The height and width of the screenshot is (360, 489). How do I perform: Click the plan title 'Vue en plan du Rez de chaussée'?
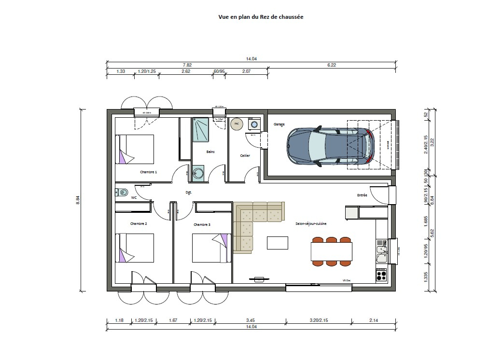261,16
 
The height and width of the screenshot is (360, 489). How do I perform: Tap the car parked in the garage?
330,146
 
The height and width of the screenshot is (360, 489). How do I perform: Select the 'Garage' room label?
279,125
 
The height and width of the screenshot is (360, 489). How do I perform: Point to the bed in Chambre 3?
210,248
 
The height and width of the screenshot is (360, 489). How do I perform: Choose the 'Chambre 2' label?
139,224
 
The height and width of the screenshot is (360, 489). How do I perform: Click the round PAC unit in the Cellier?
237,124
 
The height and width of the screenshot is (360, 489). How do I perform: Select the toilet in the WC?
122,193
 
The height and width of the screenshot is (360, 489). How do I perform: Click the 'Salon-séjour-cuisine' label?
311,224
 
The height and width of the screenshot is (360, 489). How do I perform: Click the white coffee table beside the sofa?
278,243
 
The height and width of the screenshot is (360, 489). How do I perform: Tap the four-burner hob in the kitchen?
381,276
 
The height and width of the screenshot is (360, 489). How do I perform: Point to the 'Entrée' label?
362,195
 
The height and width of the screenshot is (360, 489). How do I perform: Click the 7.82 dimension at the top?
187,65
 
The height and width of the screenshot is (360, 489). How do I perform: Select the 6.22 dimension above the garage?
332,65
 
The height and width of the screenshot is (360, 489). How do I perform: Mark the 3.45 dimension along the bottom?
250,320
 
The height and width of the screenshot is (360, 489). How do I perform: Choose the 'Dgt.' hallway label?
189,193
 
